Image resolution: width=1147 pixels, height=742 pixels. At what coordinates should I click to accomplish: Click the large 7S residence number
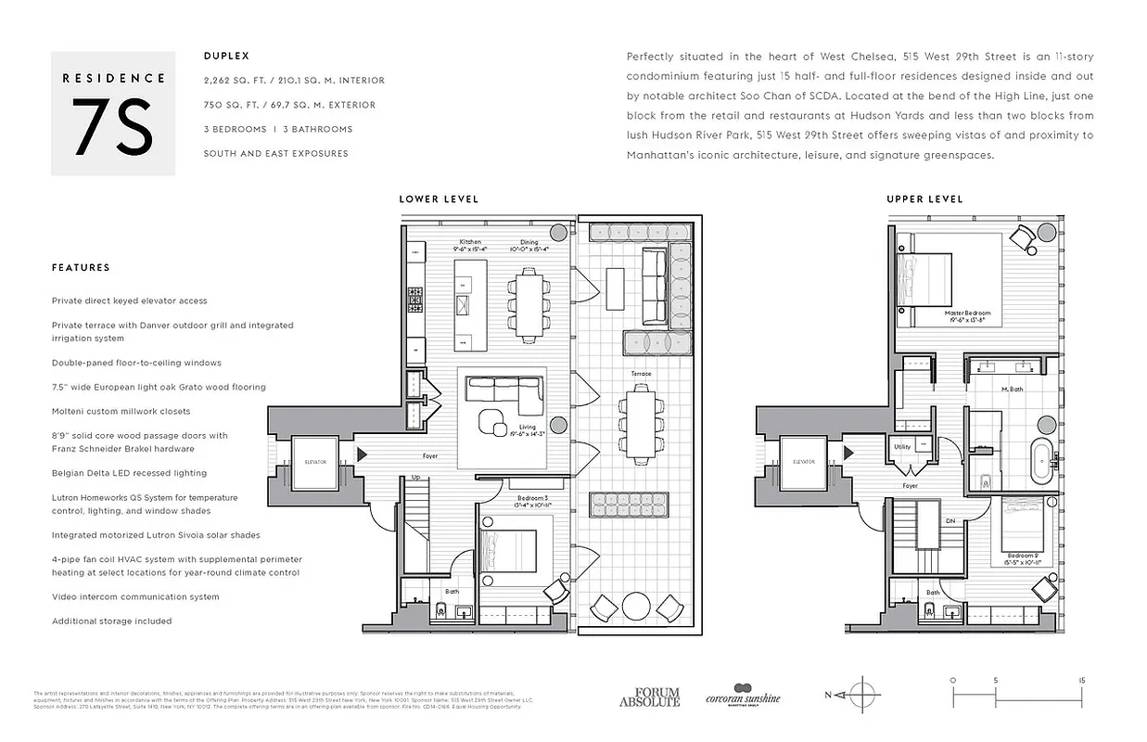point(112,131)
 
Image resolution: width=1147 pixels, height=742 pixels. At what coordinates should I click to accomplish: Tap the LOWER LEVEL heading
point(439,199)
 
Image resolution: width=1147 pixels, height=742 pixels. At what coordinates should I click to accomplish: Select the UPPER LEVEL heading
point(924,199)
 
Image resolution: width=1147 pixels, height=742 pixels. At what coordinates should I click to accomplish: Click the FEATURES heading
point(81,268)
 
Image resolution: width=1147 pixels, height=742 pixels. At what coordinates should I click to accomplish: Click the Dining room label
point(529,242)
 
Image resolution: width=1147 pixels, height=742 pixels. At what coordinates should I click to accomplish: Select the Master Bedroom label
point(968,313)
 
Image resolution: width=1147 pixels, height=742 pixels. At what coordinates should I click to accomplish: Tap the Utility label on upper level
point(902,446)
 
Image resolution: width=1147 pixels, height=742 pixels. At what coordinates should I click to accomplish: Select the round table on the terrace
point(639,607)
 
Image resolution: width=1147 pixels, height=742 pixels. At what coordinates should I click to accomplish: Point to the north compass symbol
point(863,695)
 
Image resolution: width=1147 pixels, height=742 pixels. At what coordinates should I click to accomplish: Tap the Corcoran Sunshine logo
point(743,695)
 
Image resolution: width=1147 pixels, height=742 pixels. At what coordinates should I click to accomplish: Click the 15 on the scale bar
point(1082,680)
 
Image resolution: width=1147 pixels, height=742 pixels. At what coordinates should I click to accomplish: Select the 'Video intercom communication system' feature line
point(135,597)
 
